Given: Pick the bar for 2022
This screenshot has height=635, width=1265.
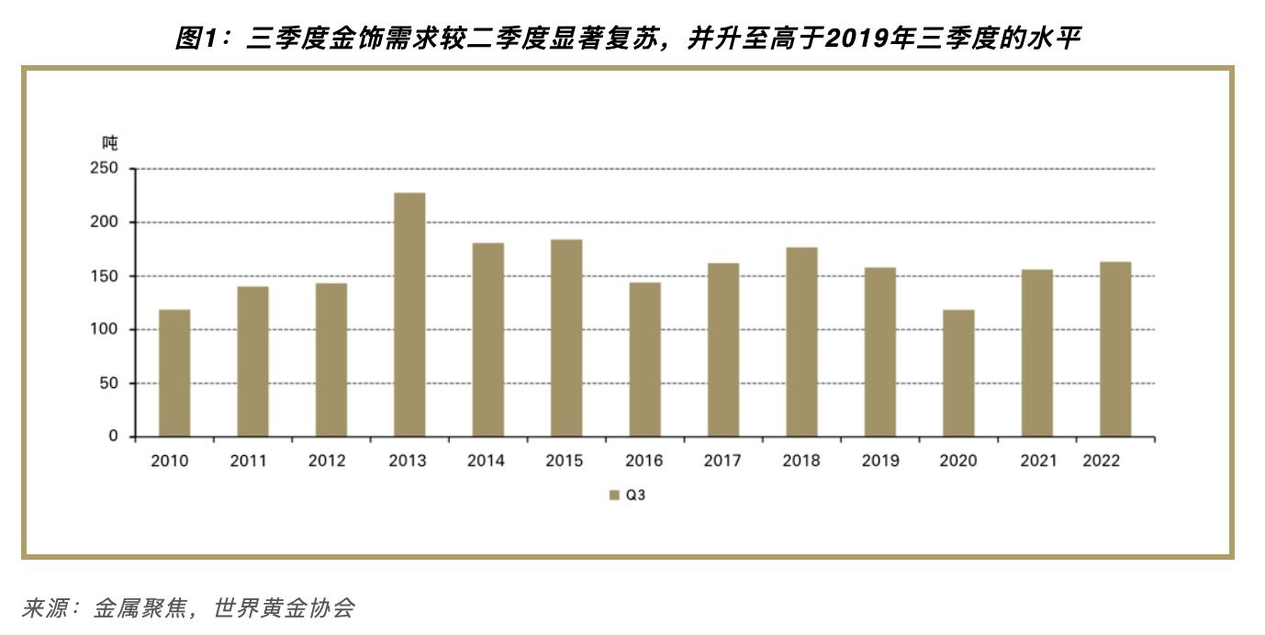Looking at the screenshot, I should (1115, 350).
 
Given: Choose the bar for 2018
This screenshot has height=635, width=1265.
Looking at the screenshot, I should (801, 342).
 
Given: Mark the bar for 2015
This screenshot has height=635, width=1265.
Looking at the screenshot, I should (566, 339).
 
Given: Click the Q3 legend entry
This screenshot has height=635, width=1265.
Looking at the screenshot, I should (630, 496).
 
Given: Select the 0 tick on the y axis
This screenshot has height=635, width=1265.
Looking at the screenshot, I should (114, 437).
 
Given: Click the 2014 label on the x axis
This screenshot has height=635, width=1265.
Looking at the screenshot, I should (486, 462).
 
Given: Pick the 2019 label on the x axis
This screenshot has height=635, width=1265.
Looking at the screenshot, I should (879, 462).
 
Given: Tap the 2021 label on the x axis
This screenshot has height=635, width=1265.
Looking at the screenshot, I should (1037, 462).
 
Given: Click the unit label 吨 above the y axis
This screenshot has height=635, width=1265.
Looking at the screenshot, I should (109, 143).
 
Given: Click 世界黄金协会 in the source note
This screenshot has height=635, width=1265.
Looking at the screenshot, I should (284, 608).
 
